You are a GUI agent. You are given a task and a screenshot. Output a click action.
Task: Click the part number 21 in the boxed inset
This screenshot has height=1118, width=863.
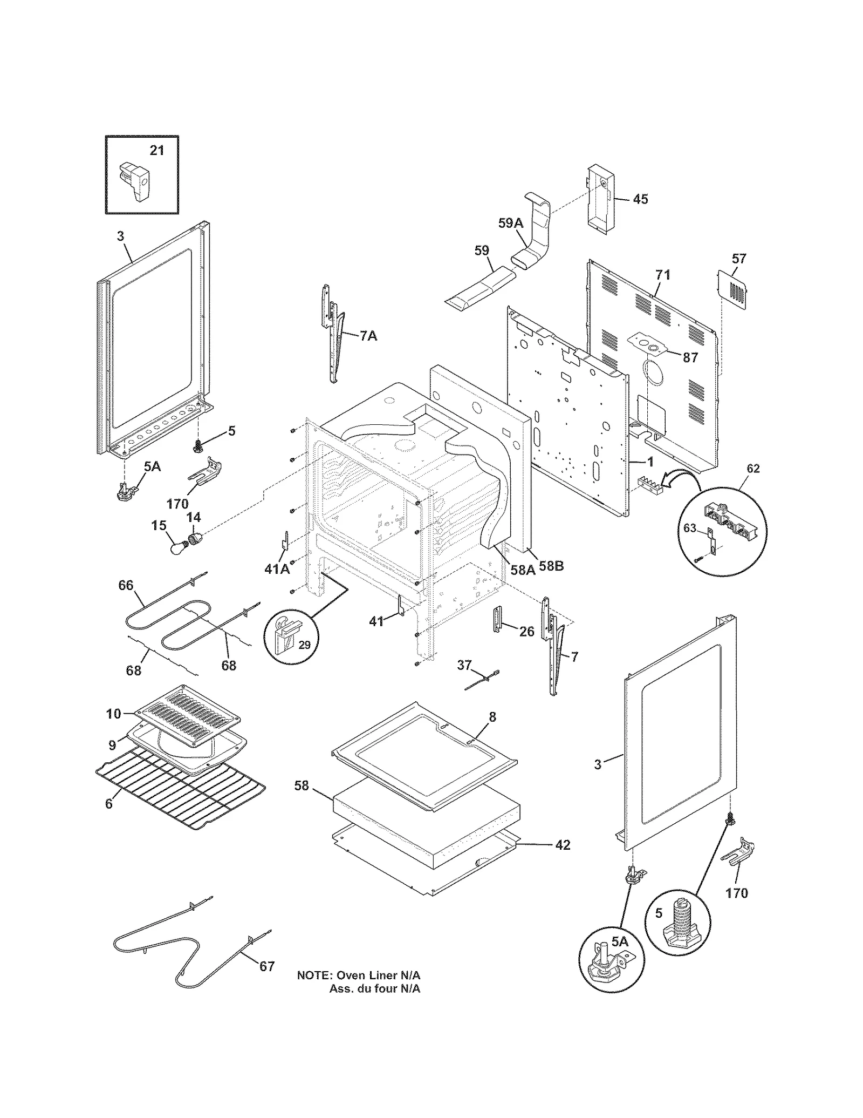[x=156, y=150]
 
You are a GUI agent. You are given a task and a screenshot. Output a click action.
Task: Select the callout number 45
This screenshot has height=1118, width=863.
[x=640, y=199]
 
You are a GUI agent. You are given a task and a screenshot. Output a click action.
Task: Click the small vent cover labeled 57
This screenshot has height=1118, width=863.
[x=734, y=292]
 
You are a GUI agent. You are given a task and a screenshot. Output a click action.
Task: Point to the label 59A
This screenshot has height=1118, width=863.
[x=510, y=223]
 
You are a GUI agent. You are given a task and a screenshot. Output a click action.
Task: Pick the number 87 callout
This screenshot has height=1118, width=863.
[x=690, y=357]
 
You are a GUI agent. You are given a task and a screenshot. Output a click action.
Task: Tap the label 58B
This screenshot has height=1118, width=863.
[x=551, y=566]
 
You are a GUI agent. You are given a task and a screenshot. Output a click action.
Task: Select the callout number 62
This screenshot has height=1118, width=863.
[x=753, y=468]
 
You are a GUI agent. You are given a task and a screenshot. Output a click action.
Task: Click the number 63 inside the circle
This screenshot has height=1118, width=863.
[x=690, y=528]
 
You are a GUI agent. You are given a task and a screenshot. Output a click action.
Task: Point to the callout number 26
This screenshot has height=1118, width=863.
[x=526, y=631]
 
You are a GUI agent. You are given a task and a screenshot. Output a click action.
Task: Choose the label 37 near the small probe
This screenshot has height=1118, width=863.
[x=464, y=665]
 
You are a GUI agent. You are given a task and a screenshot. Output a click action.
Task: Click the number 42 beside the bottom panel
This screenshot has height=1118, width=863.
[x=563, y=845]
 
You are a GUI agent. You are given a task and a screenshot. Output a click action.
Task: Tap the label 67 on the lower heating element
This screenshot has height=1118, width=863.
[x=267, y=966]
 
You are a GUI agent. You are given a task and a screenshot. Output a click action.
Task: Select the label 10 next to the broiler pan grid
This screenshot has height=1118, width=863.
[x=113, y=714]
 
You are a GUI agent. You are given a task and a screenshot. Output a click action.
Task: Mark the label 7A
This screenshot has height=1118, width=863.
[x=368, y=336]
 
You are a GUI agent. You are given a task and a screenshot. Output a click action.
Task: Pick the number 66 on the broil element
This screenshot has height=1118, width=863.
[x=126, y=585]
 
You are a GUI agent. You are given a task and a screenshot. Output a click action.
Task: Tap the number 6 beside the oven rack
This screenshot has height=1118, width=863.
[x=108, y=819]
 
